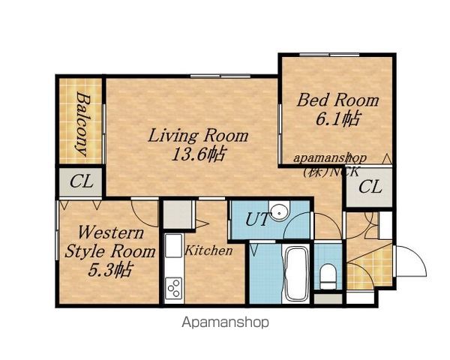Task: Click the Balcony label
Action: pyautogui.click(x=82, y=124)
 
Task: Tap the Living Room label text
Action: pyautogui.click(x=198, y=136)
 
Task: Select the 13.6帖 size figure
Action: pyautogui.click(x=198, y=154)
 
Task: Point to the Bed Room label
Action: pyautogui.click(x=337, y=100)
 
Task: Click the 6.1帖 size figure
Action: pyautogui.click(x=337, y=118)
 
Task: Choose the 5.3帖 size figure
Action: pyautogui.click(x=110, y=270)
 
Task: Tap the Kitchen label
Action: pyautogui.click(x=208, y=250)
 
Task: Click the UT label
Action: pyautogui.click(x=258, y=220)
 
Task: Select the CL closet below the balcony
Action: pyautogui.click(x=81, y=181)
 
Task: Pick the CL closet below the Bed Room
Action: pyautogui.click(x=370, y=187)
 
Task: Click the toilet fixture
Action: pyautogui.click(x=328, y=277)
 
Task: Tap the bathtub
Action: pyautogui.click(x=296, y=273)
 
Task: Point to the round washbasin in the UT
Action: pyautogui.click(x=279, y=212)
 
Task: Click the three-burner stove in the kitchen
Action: pyautogui.click(x=174, y=288)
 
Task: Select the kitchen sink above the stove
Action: pyautogui.click(x=174, y=245)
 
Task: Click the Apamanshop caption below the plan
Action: pyautogui.click(x=226, y=322)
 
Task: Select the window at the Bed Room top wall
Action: pyautogui.click(x=329, y=55)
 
